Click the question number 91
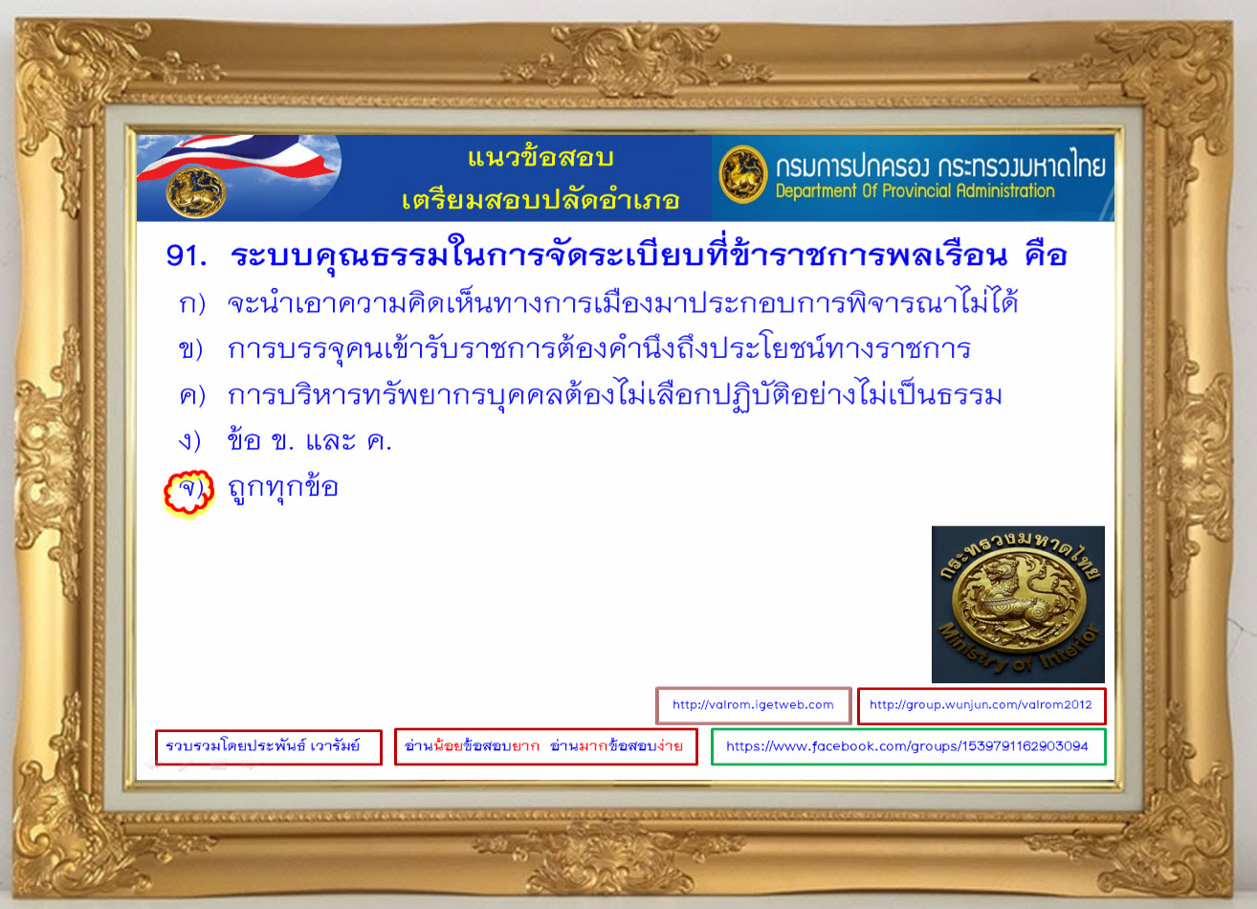[187, 255]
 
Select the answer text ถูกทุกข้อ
[283, 488]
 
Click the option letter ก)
[192, 303]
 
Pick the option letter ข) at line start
[190, 349]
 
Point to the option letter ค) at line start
[192, 395]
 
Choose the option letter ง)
[189, 441]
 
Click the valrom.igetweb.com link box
[753, 705]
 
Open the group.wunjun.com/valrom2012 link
[981, 705]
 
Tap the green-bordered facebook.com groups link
[908, 746]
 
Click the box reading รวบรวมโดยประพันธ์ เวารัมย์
[268, 746]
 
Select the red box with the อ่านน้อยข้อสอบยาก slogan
[546, 746]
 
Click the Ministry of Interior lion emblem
[1018, 604]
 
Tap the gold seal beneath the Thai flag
[196, 192]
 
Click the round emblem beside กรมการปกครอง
[743, 174]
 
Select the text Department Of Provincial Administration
[915, 191]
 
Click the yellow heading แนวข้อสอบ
[540, 158]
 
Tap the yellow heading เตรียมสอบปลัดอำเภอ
[540, 200]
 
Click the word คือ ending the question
[1046, 255]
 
